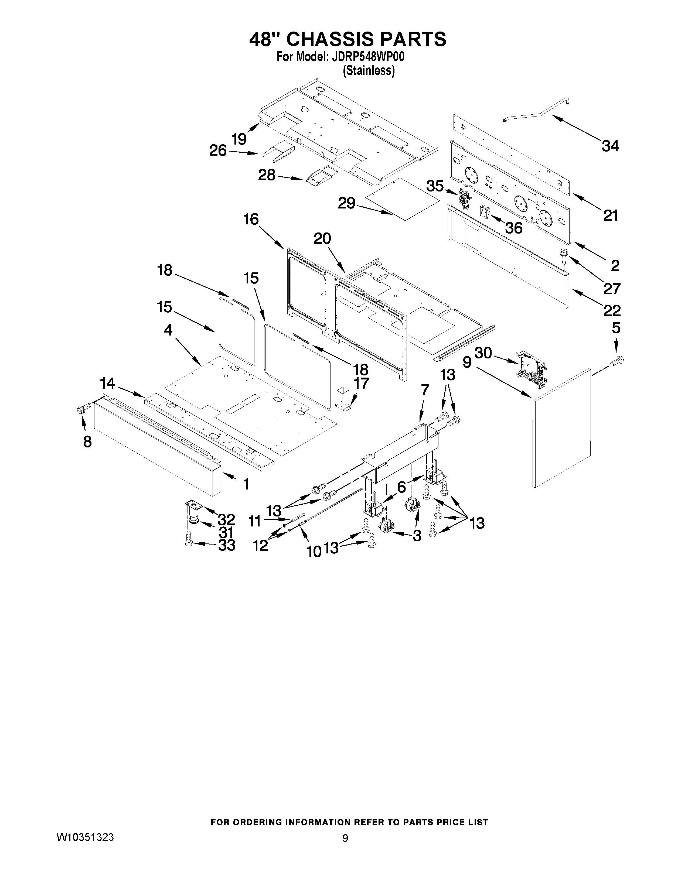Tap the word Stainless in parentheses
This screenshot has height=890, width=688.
(369, 71)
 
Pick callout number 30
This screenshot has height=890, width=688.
(483, 353)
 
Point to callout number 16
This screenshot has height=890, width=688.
(251, 219)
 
